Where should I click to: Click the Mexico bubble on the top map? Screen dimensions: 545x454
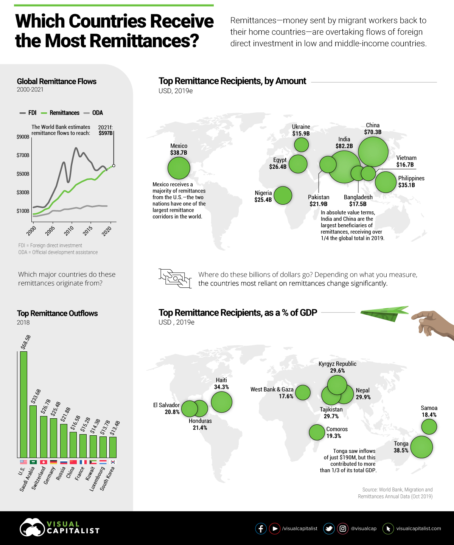tap(179, 168)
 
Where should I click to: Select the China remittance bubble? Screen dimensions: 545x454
tap(373, 151)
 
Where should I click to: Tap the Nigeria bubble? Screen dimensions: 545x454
tap(283, 195)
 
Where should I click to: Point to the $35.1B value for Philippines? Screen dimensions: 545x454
tap(406, 185)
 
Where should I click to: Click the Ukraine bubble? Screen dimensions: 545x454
tap(301, 144)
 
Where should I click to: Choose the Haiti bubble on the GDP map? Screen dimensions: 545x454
tap(221, 402)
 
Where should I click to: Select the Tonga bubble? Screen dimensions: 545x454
tap(421, 447)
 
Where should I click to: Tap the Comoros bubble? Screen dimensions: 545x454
tap(317, 432)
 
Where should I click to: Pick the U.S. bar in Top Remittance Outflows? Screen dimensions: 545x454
tap(23, 404)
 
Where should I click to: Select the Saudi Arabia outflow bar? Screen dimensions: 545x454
tap(33, 432)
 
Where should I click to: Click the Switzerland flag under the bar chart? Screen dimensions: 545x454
tap(43, 462)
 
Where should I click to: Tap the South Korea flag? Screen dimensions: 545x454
tap(113, 462)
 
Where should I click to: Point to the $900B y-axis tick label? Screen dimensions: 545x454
tap(23, 137)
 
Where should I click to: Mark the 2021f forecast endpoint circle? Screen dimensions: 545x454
tap(113, 166)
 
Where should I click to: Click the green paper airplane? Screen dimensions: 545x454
tap(384, 314)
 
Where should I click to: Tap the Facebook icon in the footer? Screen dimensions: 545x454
tap(261, 528)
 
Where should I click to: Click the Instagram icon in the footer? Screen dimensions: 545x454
tap(343, 528)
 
